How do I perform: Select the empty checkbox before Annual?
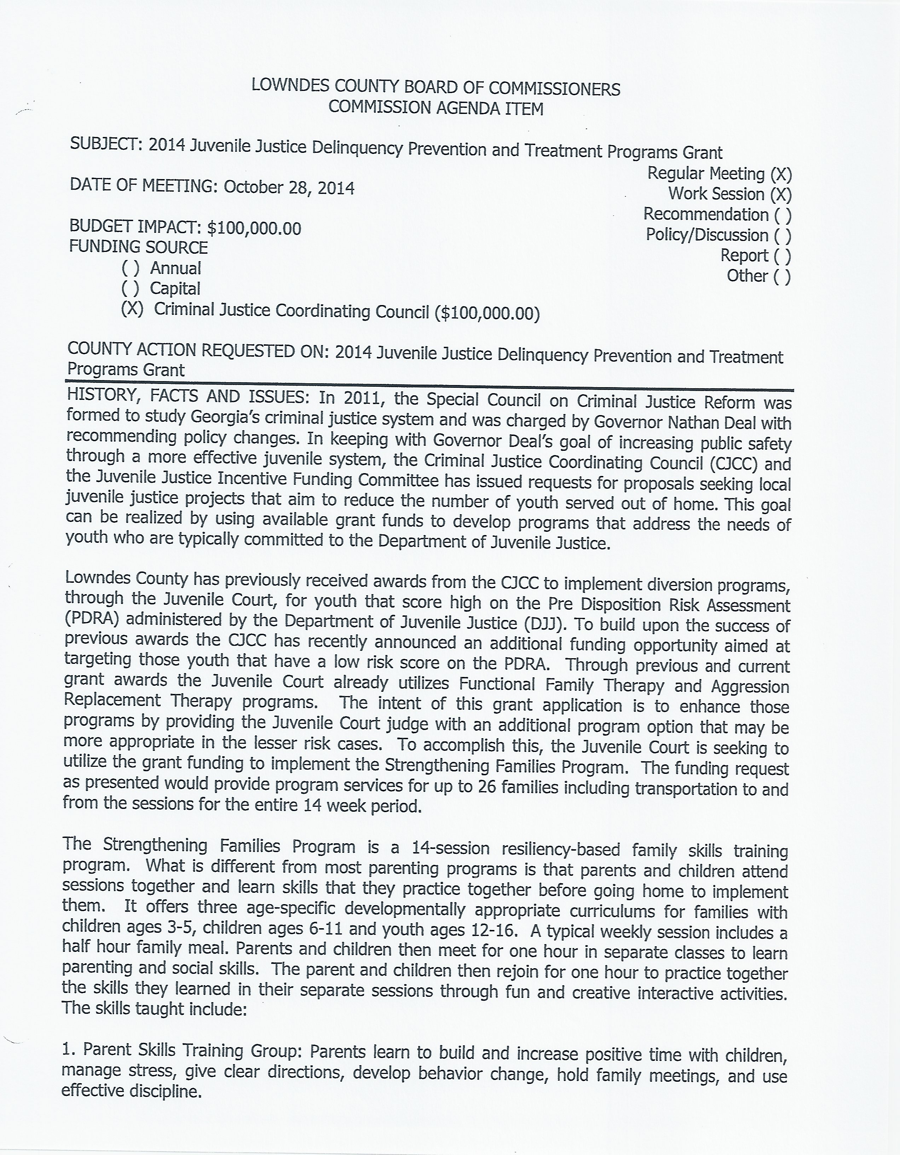click(131, 268)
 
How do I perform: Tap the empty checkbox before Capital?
click(131, 289)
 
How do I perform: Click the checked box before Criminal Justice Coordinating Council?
click(132, 309)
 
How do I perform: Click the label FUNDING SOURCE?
click(139, 247)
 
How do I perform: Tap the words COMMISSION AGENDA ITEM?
click(436, 108)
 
